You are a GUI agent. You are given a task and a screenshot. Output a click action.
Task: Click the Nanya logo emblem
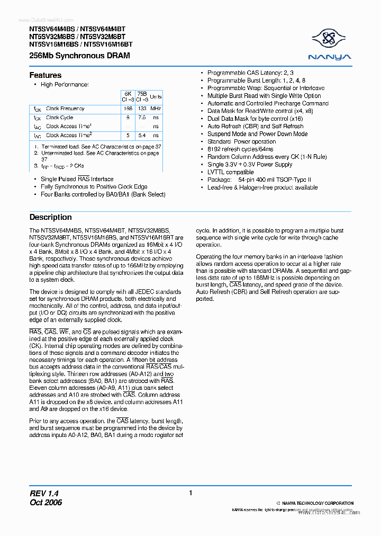(331, 38)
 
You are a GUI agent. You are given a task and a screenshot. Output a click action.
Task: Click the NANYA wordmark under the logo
(331, 57)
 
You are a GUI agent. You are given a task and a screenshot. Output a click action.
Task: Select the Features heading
(45, 75)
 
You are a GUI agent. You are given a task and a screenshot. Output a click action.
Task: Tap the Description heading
(50, 217)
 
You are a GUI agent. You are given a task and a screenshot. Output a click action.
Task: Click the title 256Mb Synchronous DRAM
(79, 56)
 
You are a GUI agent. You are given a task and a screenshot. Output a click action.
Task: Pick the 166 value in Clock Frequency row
(127, 109)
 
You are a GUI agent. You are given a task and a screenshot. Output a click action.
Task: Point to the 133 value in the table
(141, 109)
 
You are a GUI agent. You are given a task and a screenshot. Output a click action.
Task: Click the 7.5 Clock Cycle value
(141, 118)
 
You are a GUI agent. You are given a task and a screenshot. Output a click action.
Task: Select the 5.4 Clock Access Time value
(141, 135)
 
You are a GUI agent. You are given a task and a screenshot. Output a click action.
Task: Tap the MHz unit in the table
(156, 109)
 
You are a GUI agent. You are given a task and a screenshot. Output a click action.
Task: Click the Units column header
(156, 97)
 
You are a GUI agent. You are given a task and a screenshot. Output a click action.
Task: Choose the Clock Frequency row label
(65, 109)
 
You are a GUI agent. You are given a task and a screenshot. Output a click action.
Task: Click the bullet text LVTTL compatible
(230, 172)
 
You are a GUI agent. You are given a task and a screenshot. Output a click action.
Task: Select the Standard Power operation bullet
(241, 142)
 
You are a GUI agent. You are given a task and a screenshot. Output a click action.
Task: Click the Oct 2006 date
(46, 502)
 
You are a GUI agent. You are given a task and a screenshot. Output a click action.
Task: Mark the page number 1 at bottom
(190, 493)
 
